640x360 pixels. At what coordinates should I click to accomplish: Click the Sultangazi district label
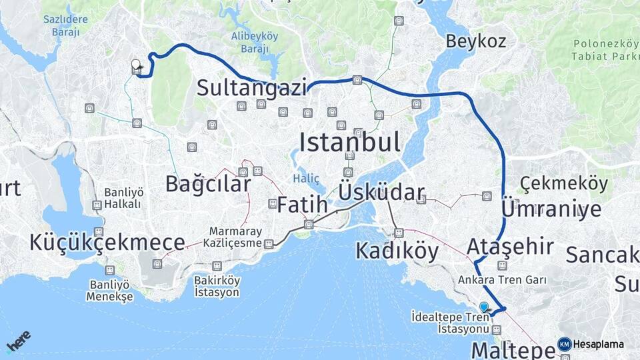(251, 88)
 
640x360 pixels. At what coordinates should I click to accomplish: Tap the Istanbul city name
(350, 142)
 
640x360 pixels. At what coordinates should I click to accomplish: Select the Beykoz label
(476, 41)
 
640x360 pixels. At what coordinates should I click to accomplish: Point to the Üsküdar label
(381, 193)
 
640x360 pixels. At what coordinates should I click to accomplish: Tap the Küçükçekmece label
(107, 243)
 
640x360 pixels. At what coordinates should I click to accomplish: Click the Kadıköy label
(397, 251)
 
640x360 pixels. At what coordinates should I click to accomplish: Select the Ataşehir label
(510, 246)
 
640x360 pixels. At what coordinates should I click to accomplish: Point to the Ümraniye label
(551, 209)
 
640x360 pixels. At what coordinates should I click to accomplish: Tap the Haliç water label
(306, 179)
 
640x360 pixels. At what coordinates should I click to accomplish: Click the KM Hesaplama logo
(591, 344)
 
